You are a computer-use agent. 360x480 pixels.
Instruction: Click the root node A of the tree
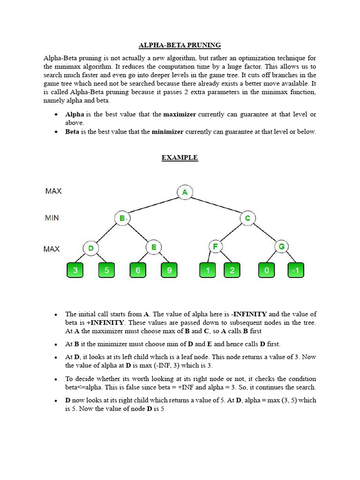[x=185, y=192]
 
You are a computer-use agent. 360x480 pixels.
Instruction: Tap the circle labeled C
[x=247, y=218]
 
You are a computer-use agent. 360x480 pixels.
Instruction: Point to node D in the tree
[x=91, y=247]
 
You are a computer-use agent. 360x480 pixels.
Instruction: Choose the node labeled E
[x=153, y=247]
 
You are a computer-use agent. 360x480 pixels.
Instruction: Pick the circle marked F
[x=216, y=247]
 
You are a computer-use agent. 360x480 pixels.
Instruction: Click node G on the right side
[x=281, y=247]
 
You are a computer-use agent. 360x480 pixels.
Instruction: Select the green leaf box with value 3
[x=75, y=270]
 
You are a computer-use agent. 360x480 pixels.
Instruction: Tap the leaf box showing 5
[x=106, y=270]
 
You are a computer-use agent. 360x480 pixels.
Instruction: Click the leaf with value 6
[x=138, y=270]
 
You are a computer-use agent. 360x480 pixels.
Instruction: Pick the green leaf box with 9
[x=169, y=270]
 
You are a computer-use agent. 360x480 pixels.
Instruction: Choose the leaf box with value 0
[x=266, y=270]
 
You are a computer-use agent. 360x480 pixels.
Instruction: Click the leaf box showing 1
[x=208, y=270]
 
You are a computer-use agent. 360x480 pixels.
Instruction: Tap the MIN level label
[x=52, y=218]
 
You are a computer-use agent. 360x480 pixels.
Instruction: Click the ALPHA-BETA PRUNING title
[x=180, y=45]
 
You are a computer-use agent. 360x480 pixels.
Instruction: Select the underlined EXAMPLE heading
[x=180, y=158]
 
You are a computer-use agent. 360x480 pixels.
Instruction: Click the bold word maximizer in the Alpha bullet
[x=180, y=114]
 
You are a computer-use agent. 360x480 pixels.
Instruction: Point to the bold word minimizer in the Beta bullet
[x=167, y=132]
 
